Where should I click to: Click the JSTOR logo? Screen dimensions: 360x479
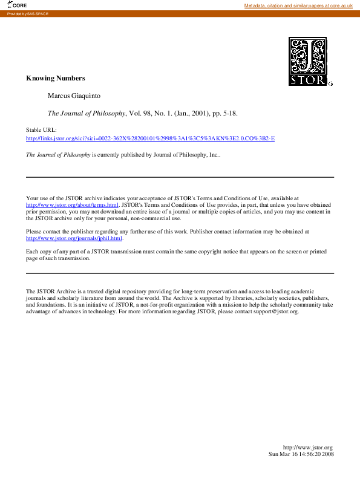(309, 61)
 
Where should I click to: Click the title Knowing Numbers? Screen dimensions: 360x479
(55, 78)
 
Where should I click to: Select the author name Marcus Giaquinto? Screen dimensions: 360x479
(73, 96)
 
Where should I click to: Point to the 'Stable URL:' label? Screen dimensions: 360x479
(41, 130)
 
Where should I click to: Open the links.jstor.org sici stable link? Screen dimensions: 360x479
(150, 138)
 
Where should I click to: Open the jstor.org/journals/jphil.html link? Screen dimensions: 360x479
(74, 238)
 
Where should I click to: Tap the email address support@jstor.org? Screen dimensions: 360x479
(278, 311)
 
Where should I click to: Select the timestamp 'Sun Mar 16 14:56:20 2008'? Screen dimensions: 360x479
(301, 454)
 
